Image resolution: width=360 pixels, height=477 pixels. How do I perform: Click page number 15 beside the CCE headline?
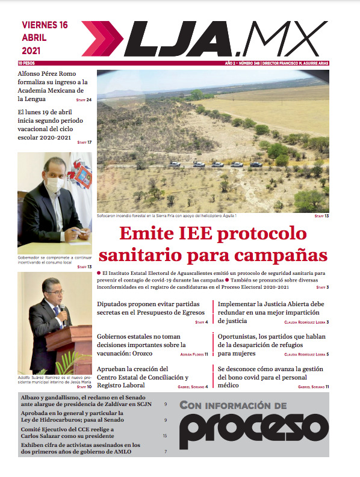[165, 435]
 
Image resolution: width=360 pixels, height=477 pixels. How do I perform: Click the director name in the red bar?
[298, 63]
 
